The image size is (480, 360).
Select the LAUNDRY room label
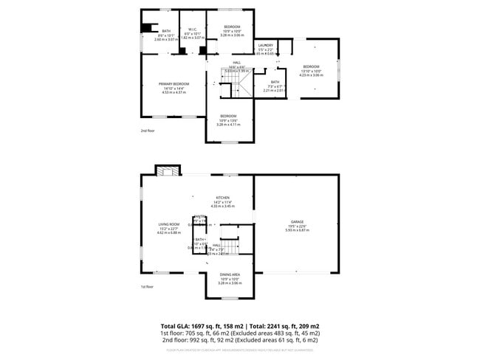click(x=266, y=46)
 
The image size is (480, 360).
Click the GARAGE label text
click(x=297, y=221)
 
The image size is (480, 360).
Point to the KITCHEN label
click(x=222, y=198)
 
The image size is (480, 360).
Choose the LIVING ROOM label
click(x=169, y=224)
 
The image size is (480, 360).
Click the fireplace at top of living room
click(x=167, y=170)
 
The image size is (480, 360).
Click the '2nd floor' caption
click(x=148, y=131)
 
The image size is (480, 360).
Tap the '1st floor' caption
click(x=148, y=287)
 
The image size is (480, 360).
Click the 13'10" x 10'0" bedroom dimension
click(x=311, y=71)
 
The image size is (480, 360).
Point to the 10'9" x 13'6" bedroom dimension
click(x=228, y=120)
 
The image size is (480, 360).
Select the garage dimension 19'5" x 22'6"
click(x=297, y=226)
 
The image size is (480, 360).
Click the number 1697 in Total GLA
click(x=202, y=325)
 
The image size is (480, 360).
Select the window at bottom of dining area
click(x=230, y=297)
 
